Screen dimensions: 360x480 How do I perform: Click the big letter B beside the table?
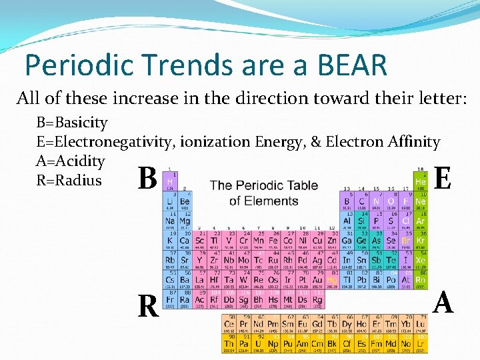tap(147, 179)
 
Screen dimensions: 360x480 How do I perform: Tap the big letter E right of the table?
tap(444, 178)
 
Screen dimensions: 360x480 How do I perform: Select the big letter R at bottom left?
tap(147, 306)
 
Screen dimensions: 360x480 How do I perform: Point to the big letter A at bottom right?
tap(443, 303)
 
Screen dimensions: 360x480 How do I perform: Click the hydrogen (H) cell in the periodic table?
tap(170, 181)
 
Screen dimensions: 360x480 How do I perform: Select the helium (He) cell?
tap(420, 180)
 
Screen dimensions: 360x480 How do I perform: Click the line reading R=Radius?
tap(69, 180)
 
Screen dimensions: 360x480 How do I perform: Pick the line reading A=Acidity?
tap(71, 161)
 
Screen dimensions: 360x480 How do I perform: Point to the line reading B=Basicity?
tap(72, 123)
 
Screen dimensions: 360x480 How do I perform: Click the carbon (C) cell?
tap(361, 201)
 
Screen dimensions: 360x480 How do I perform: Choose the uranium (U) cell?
tap(259, 344)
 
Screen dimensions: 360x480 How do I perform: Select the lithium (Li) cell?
tap(170, 201)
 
